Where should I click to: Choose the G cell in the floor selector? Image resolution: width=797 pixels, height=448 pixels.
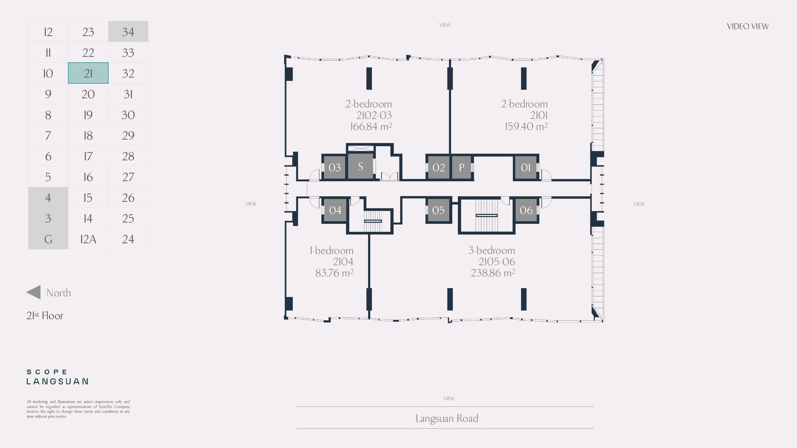[x=48, y=239]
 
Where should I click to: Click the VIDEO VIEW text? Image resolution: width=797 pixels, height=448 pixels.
[x=747, y=27]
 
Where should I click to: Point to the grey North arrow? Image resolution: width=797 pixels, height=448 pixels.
[x=34, y=292]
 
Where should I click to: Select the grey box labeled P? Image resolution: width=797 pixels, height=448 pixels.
[x=462, y=167]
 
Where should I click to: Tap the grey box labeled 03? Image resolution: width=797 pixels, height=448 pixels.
[x=334, y=167]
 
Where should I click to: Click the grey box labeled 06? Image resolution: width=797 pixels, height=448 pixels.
[x=526, y=210]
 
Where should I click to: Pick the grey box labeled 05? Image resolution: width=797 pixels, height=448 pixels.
[x=438, y=210]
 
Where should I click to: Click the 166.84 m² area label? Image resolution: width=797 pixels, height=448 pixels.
[x=371, y=127]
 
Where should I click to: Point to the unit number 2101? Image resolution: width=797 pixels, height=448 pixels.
[x=539, y=115]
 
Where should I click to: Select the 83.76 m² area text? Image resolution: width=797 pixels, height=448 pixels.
[x=334, y=273]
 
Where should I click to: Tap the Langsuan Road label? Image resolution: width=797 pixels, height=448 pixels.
[x=446, y=418]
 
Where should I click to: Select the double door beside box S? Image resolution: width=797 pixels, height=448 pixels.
[x=389, y=176]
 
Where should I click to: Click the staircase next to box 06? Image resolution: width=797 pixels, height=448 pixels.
[x=486, y=215]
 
